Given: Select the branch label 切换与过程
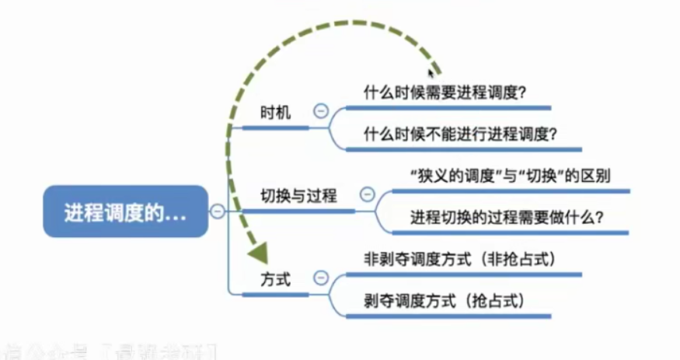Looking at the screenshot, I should click(x=298, y=195).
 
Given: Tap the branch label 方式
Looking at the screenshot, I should click(x=276, y=278).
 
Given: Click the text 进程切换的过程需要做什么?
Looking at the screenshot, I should click(x=519, y=218).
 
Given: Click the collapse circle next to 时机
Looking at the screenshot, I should click(x=319, y=111).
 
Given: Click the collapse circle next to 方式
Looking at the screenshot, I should click(x=319, y=278).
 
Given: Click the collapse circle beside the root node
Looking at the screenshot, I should click(x=218, y=211).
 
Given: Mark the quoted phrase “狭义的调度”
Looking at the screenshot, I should click(x=452, y=176).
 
